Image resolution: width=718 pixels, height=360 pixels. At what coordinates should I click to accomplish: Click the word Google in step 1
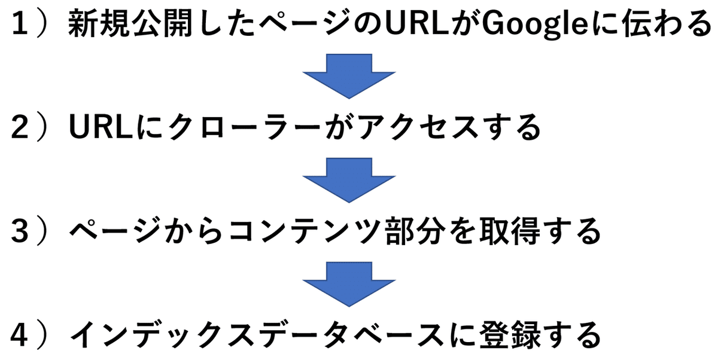click(535, 24)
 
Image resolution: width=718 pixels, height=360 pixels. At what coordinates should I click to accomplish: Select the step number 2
click(20, 127)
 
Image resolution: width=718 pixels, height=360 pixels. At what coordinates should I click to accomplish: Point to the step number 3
click(20, 231)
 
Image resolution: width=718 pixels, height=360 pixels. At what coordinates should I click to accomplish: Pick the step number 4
click(20, 335)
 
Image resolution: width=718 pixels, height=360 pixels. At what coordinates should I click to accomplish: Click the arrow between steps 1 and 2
click(349, 76)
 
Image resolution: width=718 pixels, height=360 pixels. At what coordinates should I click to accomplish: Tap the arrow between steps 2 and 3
click(349, 181)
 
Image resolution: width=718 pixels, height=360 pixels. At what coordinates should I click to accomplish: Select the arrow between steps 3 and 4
click(349, 285)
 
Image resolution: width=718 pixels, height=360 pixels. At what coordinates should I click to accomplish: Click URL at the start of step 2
click(101, 127)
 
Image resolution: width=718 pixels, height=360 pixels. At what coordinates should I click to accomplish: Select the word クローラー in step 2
click(244, 127)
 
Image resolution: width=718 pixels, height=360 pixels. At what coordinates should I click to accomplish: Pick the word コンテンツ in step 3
click(305, 231)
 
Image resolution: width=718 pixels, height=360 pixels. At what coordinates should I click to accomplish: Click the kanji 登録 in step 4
click(510, 335)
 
